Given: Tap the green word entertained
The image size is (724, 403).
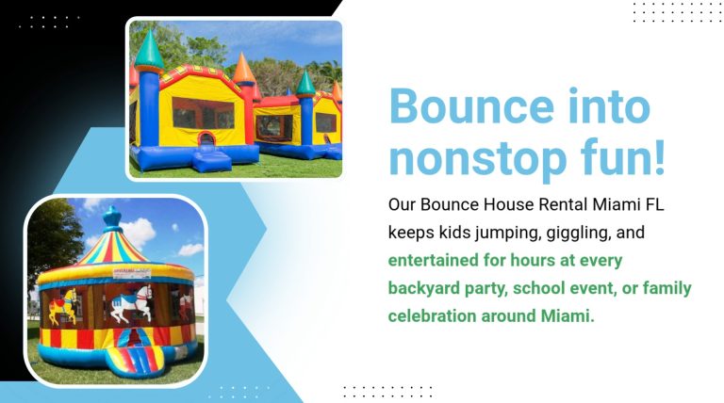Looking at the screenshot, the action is pos(433,260).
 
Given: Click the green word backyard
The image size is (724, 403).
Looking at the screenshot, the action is pos(423,289).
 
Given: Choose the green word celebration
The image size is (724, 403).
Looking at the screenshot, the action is pos(432,315).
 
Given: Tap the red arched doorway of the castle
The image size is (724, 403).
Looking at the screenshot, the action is pos(206,137).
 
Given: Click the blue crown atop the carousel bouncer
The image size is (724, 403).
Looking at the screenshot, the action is pos(112,218).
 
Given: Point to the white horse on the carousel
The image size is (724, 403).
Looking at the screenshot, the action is pos(131,302).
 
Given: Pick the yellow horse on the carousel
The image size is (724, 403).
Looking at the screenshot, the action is pos(63,305).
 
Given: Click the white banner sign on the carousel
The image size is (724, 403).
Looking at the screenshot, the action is pos(132,273).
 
